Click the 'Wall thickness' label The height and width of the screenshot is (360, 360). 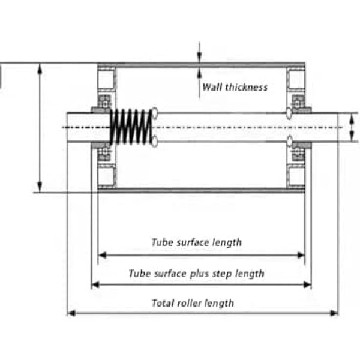(x=235, y=86)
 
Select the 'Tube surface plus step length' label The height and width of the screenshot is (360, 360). (x=196, y=274)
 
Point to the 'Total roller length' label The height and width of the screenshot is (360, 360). (x=193, y=303)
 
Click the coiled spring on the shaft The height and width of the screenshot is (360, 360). (x=131, y=127)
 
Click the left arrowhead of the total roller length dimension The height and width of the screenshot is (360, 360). (x=70, y=313)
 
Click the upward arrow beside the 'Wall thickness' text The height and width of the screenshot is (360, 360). (x=200, y=74)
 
